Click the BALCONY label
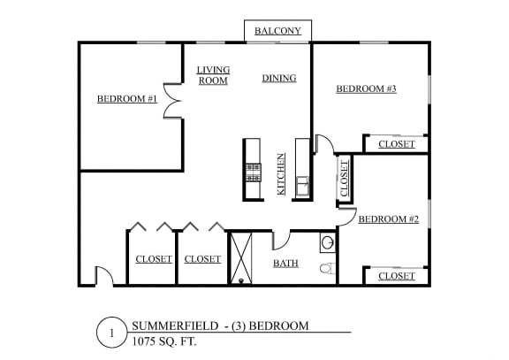(277, 31)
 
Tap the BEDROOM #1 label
(127, 99)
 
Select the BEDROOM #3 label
(366, 88)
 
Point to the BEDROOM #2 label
(389, 219)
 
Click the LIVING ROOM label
(213, 75)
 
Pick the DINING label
(279, 78)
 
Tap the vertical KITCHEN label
(281, 174)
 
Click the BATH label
(285, 264)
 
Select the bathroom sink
(328, 242)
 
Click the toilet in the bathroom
(328, 268)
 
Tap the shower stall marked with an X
(241, 258)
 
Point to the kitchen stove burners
(254, 172)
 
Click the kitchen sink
(302, 186)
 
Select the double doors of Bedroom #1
(172, 101)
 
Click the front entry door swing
(104, 276)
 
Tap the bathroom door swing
(281, 241)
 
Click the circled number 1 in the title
(111, 333)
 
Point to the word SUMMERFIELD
(175, 326)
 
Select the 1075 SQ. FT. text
(164, 341)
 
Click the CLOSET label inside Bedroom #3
(397, 144)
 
